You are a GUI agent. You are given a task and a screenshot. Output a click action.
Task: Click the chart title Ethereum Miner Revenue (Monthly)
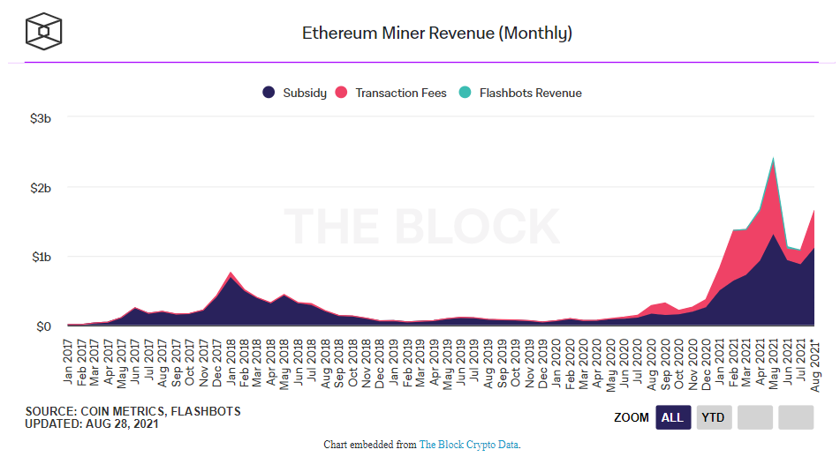[x=437, y=34]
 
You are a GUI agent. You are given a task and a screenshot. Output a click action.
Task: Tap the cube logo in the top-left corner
[x=44, y=33]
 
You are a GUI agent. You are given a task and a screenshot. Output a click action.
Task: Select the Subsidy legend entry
[x=297, y=93]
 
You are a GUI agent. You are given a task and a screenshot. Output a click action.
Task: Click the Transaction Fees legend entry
[x=392, y=93]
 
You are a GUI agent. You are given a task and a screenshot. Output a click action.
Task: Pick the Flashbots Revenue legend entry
[x=521, y=93]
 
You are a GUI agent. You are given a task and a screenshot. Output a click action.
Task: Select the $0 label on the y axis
[x=43, y=326]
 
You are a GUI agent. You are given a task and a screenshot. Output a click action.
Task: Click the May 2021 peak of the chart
[x=774, y=160]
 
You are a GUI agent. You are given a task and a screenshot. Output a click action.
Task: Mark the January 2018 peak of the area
[x=231, y=273]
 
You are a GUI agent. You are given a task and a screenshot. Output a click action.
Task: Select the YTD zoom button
[x=714, y=417]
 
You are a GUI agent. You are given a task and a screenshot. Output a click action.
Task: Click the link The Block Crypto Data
[x=469, y=445]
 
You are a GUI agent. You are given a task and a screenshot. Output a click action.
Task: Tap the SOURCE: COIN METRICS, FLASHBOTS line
[x=132, y=411]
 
